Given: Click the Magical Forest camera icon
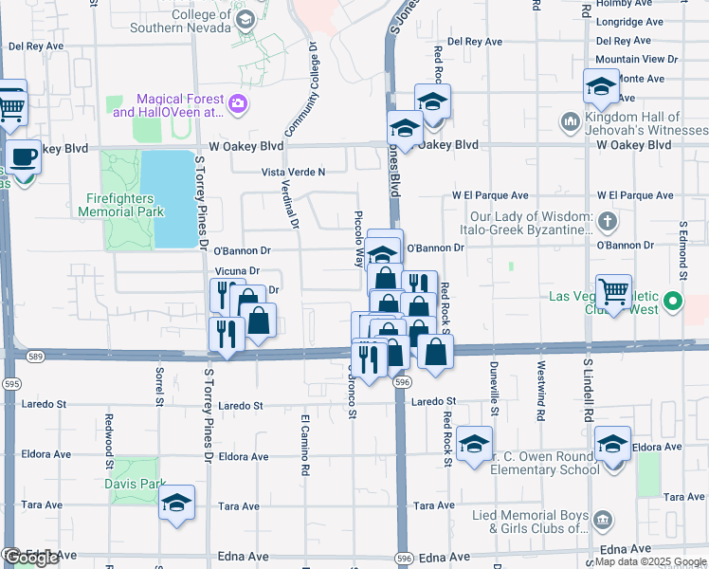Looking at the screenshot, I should [238, 102].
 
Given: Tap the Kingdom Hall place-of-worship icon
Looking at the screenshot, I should [570, 121].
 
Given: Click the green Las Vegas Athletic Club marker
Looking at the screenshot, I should [673, 303].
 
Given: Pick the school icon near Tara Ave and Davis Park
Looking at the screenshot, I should [176, 503].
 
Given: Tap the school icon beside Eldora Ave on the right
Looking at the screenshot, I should [612, 444].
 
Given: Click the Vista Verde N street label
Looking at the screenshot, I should [294, 172].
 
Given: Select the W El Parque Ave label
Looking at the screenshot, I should [483, 195].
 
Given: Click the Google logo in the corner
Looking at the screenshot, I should [30, 558].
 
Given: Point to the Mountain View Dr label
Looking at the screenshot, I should [637, 59].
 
